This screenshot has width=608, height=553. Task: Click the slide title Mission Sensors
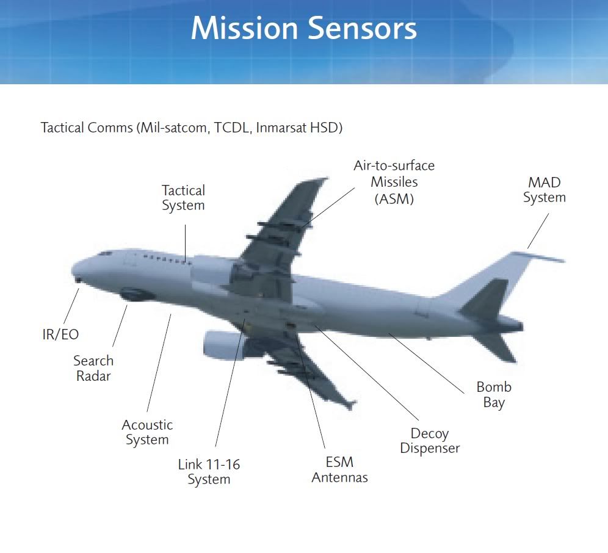click(303, 28)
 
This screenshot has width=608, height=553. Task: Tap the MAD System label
click(545, 190)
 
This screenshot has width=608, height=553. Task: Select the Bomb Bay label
click(494, 394)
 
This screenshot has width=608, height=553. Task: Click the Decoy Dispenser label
click(430, 441)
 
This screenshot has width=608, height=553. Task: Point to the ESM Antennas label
click(339, 469)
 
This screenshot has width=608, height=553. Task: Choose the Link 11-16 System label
click(209, 472)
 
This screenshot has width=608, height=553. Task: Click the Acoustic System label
click(147, 432)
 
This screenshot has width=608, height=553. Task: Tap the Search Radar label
click(93, 368)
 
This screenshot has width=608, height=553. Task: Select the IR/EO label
click(60, 334)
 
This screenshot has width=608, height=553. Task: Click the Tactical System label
click(183, 198)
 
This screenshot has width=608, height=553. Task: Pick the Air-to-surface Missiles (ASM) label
click(394, 183)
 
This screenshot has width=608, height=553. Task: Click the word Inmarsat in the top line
click(276, 128)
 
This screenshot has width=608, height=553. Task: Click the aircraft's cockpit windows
click(106, 254)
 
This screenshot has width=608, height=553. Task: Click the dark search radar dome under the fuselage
click(133, 294)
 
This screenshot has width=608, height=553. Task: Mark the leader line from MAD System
click(538, 231)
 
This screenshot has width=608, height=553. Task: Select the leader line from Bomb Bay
click(427, 363)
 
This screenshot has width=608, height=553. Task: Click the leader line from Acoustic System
click(159, 363)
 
